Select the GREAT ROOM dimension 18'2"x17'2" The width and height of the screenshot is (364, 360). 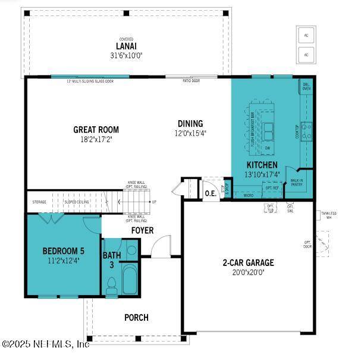click(96, 139)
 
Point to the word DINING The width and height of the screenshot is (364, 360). click(190, 124)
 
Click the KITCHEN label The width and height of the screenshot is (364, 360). click(262, 165)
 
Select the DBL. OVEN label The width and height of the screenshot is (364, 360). click(307, 86)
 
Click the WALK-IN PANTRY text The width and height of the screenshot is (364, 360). click(297, 182)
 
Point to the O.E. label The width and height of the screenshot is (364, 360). click(211, 193)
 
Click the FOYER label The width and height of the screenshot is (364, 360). click(142, 230)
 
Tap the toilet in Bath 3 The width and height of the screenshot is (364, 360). click(111, 287)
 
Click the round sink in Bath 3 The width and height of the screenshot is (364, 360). click(131, 249)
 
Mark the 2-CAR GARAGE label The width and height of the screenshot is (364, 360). click(248, 262)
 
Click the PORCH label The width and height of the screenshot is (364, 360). click(136, 317)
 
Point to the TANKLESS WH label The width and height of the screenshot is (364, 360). click(328, 215)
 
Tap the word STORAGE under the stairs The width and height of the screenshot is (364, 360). click(39, 202)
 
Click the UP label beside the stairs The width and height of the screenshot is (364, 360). click(155, 202)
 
